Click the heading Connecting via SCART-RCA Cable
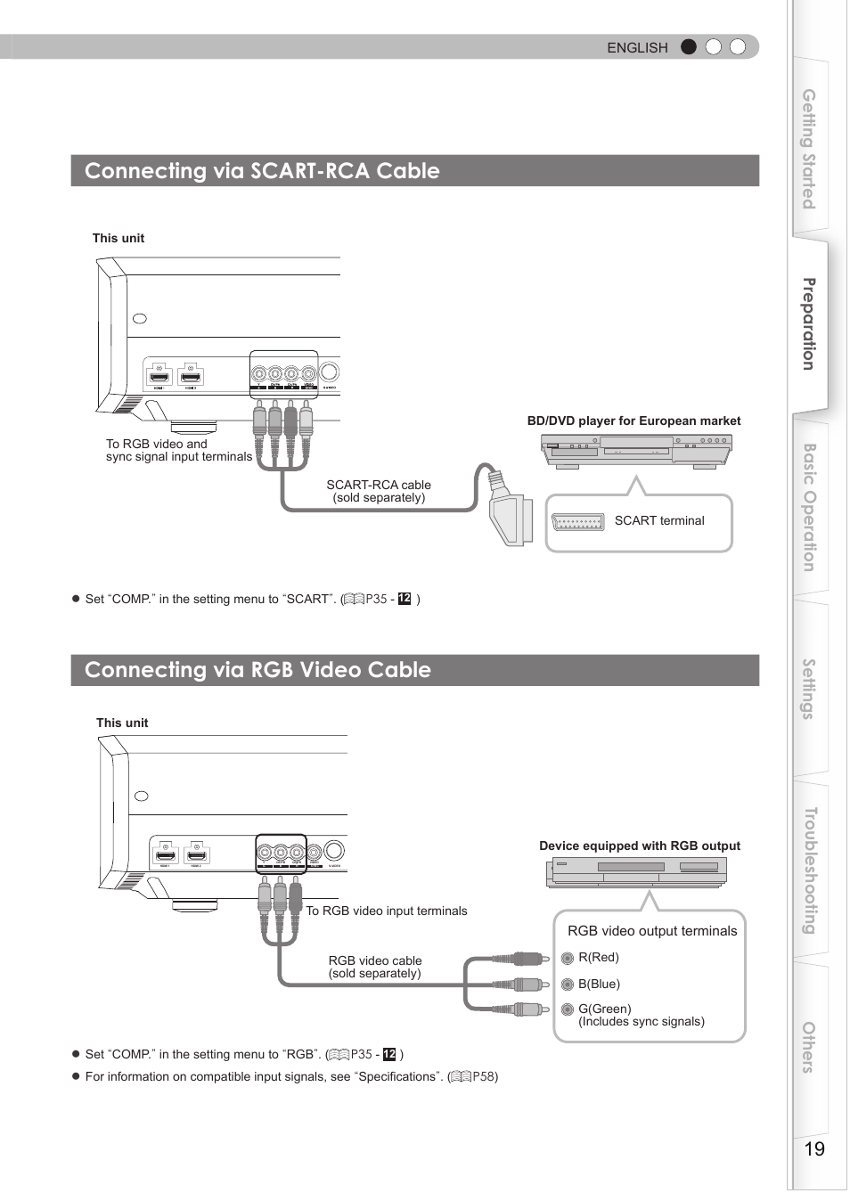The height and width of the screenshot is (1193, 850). (262, 171)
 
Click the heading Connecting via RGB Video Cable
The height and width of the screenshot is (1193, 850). (257, 670)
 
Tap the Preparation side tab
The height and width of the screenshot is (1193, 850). (809, 324)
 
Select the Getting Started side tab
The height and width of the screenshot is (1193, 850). (809, 149)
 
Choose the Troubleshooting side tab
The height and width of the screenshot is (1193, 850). (809, 870)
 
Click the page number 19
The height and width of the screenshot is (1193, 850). (814, 1149)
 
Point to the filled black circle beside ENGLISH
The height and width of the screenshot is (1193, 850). (688, 47)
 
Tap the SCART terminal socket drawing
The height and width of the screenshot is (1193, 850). (577, 522)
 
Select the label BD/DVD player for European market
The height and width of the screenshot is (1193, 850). (633, 421)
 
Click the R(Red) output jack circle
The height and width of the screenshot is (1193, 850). (568, 959)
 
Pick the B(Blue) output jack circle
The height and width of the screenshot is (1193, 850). (568, 985)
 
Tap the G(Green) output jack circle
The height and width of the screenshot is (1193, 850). (568, 1010)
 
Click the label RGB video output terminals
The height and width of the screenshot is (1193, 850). (652, 931)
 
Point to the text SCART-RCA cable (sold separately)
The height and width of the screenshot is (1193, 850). (379, 492)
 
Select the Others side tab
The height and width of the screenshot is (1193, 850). (809, 1047)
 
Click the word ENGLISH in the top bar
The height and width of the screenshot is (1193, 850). (637, 48)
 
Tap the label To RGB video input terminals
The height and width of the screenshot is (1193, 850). (387, 911)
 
